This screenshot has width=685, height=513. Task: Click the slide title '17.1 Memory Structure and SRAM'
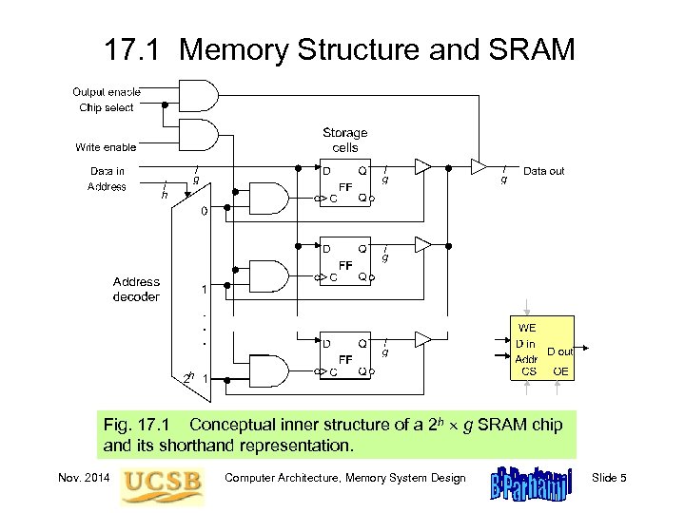click(x=341, y=49)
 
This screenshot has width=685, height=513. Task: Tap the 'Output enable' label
click(x=107, y=92)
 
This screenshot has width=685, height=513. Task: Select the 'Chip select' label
click(x=107, y=107)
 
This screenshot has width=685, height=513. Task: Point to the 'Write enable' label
click(x=107, y=147)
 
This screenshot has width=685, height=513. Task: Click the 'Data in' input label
click(x=108, y=171)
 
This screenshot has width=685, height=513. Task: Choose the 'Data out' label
click(x=543, y=171)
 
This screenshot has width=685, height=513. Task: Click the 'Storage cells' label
click(x=344, y=141)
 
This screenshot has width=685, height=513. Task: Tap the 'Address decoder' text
click(x=136, y=289)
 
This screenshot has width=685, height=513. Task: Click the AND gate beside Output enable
click(x=202, y=95)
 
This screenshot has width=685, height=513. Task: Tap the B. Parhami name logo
click(x=528, y=483)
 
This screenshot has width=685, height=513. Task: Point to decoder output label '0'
click(x=203, y=212)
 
